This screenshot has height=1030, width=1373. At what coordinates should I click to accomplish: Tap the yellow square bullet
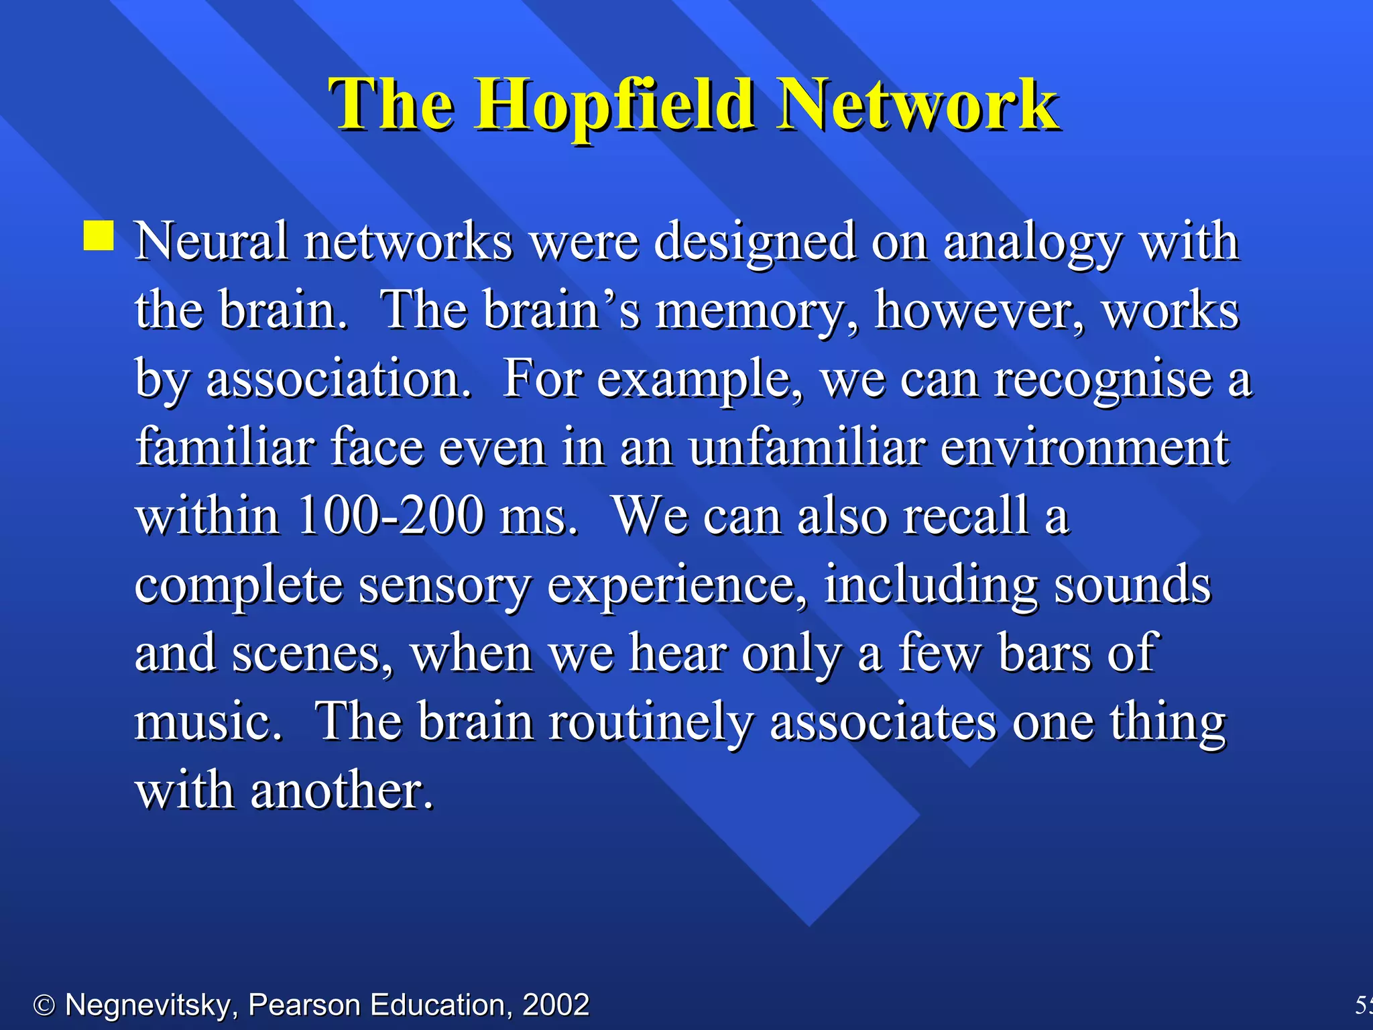click(x=99, y=236)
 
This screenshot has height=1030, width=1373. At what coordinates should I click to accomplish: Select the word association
click(x=339, y=379)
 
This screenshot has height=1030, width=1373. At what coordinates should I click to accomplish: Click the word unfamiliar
click(x=807, y=447)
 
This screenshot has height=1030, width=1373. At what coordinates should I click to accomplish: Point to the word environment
click(x=1084, y=447)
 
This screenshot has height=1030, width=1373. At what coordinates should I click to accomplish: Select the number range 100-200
click(x=391, y=516)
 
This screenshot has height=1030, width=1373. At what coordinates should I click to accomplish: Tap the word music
click(x=208, y=722)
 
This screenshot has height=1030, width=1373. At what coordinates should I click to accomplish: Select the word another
click(x=342, y=791)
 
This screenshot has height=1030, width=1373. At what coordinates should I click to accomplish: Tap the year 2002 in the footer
click(x=556, y=1005)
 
